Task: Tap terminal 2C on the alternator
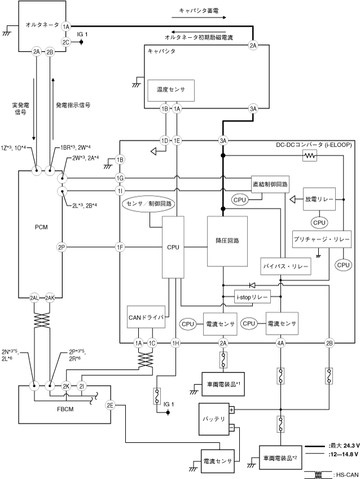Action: [x=66, y=41]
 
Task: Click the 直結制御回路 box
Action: [x=269, y=183]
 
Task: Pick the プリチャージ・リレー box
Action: [x=322, y=240]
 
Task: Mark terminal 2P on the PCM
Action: [x=62, y=247]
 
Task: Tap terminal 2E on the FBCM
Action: [x=111, y=404]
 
